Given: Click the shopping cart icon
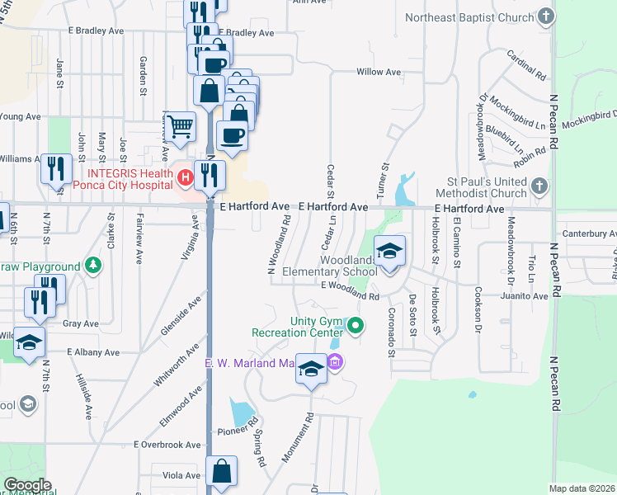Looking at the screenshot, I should (x=180, y=127).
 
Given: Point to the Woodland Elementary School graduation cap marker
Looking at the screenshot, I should (x=389, y=252).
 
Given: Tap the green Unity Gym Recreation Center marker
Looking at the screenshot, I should (x=356, y=327).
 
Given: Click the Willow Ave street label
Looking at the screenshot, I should (x=379, y=73).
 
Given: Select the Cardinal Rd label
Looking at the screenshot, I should (x=528, y=66).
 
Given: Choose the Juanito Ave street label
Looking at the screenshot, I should (x=528, y=296).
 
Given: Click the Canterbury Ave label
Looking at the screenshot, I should (x=589, y=234).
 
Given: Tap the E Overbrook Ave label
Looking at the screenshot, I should (x=168, y=444).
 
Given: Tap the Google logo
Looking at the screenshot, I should (x=27, y=485).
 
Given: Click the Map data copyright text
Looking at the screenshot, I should (x=582, y=488).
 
